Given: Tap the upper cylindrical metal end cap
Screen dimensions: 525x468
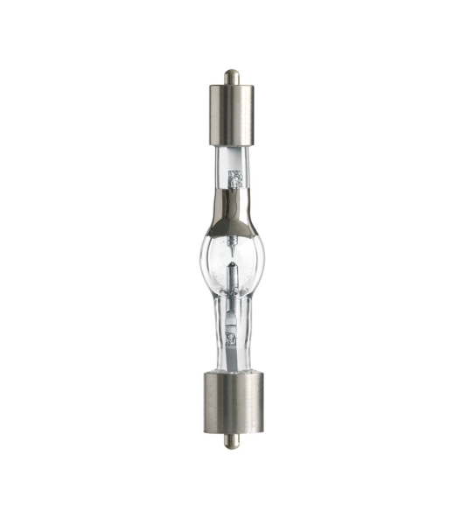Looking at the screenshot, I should [231, 114].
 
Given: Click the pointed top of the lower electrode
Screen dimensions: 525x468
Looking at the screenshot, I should [232, 262].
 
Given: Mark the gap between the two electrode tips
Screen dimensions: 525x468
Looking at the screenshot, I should [232, 258].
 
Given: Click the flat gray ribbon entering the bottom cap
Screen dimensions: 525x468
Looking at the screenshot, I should [232, 359].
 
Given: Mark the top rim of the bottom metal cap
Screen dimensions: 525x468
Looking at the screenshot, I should [232, 371].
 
